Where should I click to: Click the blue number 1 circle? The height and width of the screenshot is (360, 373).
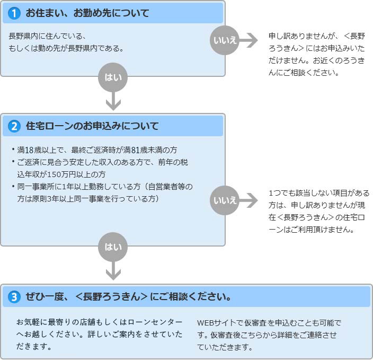[x=14, y=13]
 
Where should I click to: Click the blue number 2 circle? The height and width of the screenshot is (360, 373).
[x=14, y=126]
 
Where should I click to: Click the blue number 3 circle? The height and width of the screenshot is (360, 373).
[x=14, y=297]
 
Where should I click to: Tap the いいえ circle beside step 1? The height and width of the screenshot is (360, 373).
[x=225, y=40]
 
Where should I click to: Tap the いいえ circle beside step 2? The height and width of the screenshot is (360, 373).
[x=225, y=200]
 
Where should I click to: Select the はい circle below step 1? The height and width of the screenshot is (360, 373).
[x=113, y=77]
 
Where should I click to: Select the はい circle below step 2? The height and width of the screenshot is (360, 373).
[x=113, y=247]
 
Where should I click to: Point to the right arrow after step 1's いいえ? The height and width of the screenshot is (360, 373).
[x=248, y=40]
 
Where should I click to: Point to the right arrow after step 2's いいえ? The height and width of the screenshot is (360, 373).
[x=248, y=200]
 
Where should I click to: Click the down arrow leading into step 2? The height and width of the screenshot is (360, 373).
[x=113, y=101]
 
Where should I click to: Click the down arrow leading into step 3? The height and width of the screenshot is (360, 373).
[x=113, y=271]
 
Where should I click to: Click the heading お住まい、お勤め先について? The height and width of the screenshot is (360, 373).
[x=87, y=13]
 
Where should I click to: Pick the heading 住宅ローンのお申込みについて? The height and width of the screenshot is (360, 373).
[x=92, y=126]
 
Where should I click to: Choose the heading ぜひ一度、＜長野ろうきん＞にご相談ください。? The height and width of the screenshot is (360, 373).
[x=128, y=297]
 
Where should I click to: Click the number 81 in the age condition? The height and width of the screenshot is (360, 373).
[x=135, y=150]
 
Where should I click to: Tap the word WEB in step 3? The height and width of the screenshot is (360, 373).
[x=206, y=323]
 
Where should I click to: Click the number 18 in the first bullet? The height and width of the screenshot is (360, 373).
[x=29, y=150]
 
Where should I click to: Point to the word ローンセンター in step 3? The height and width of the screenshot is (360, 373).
[x=155, y=322]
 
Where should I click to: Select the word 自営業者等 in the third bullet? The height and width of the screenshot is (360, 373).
[x=166, y=187]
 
